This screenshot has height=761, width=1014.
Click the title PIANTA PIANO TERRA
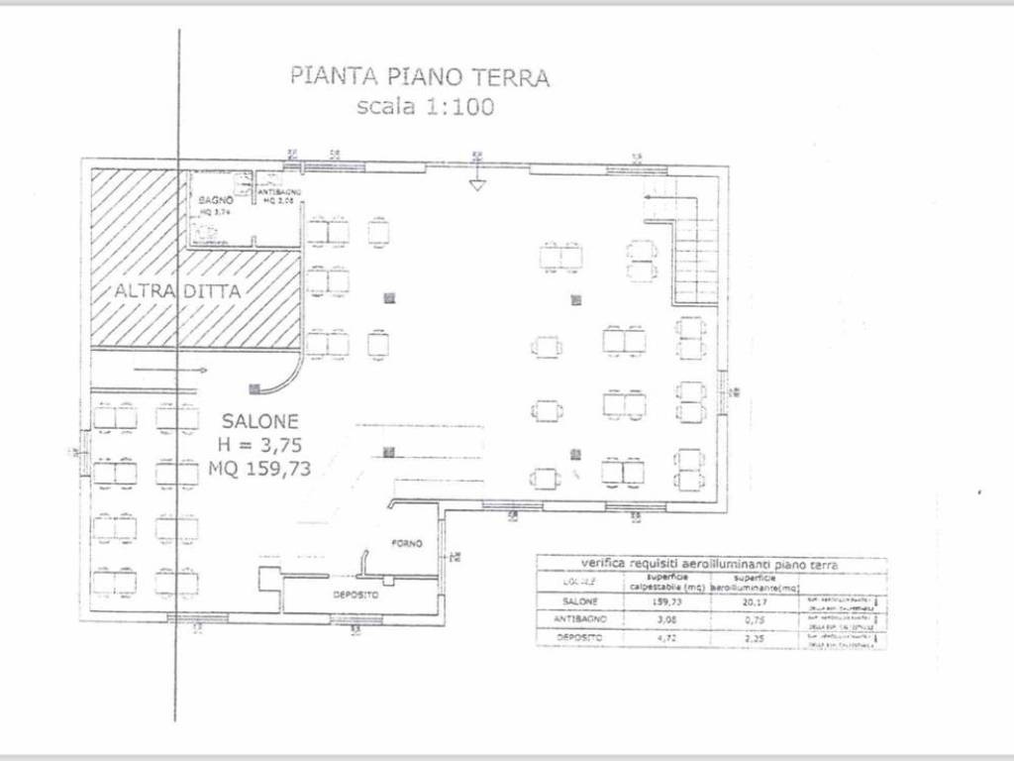[x=419, y=77]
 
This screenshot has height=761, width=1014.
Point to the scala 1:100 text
[x=425, y=106]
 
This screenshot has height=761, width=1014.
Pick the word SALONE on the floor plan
[x=260, y=421]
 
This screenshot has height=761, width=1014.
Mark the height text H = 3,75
[x=260, y=445]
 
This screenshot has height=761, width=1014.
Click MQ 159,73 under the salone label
[x=260, y=469]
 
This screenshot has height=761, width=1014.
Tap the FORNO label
[x=407, y=543]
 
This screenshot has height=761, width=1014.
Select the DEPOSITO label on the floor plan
[x=355, y=595]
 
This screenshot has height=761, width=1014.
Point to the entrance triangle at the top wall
[x=476, y=184]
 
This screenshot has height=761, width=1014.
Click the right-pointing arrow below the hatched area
[x=168, y=370]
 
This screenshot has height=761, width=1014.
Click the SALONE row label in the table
[x=580, y=600]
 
